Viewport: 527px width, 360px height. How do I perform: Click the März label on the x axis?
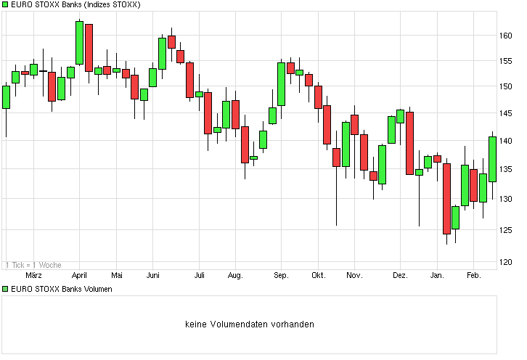pyautogui.click(x=34, y=276)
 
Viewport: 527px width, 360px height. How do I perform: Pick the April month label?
pyautogui.click(x=79, y=276)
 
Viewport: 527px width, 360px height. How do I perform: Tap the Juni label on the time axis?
pyautogui.click(x=153, y=276)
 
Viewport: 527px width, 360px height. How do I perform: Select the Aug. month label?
pyautogui.click(x=234, y=276)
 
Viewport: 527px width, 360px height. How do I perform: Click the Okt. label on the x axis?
pyautogui.click(x=318, y=276)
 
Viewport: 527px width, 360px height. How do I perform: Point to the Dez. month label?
pyautogui.click(x=400, y=276)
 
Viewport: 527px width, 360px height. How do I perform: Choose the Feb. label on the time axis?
pyautogui.click(x=473, y=276)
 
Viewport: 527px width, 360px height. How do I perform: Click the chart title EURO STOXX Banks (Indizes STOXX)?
pyautogui.click(x=75, y=5)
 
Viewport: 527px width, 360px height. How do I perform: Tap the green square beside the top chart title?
pyautogui.click(x=6, y=5)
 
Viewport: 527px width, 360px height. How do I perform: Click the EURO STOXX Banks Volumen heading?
pyautogui.click(x=62, y=289)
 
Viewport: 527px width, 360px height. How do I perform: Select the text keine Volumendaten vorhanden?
pyautogui.click(x=250, y=324)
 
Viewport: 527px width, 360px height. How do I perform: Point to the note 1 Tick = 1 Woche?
pyautogui.click(x=33, y=265)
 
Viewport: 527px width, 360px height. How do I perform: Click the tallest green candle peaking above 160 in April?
pyautogui.click(x=80, y=43)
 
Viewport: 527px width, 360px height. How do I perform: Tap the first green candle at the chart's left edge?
pyautogui.click(x=6, y=97)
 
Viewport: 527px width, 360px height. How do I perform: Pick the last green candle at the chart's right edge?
pyautogui.click(x=492, y=159)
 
